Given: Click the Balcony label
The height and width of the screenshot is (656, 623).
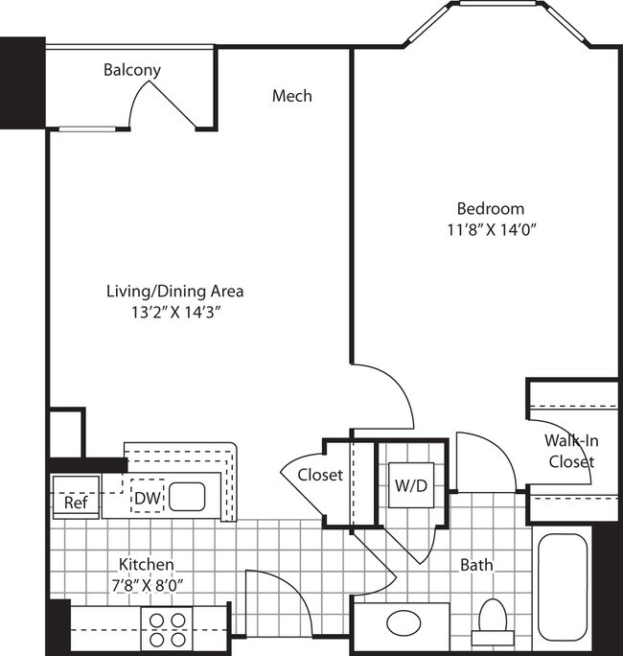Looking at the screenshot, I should click(x=132, y=70).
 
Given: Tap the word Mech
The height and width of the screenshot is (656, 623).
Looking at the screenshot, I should click(x=291, y=96).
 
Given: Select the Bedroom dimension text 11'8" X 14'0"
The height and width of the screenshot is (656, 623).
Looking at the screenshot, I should click(x=490, y=229).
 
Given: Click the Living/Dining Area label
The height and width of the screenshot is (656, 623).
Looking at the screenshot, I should click(x=173, y=291).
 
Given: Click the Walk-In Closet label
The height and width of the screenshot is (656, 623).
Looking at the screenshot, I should click(x=571, y=451).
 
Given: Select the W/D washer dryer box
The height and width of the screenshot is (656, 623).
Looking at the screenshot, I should click(x=411, y=485).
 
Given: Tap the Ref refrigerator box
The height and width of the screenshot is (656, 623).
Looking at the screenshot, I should click(x=75, y=502).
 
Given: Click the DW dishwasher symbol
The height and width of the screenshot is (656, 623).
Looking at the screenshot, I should click(x=147, y=498).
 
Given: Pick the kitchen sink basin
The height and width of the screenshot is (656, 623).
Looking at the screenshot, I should click(x=190, y=497).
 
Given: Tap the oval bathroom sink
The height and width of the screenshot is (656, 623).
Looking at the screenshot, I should click(x=403, y=623).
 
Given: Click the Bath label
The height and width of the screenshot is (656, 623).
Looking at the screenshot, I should click(x=475, y=565).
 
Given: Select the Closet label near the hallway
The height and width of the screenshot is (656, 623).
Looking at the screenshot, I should click(x=319, y=475).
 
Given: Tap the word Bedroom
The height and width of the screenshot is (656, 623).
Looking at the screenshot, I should click(x=490, y=208).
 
